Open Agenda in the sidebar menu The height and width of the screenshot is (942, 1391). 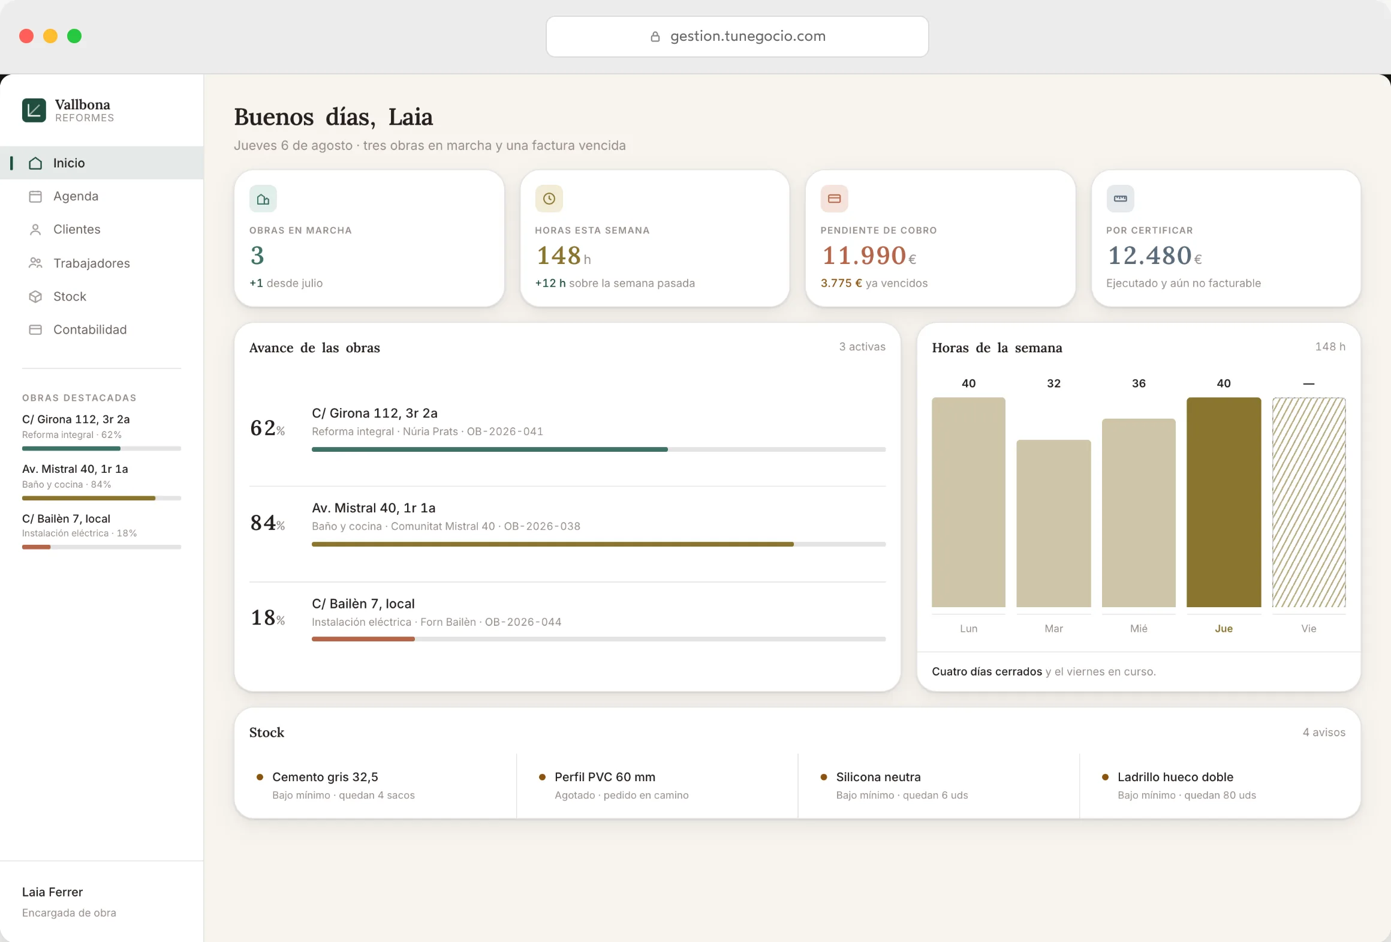(x=76, y=196)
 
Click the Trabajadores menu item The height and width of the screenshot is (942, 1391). (x=91, y=263)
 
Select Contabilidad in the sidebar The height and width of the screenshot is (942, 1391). (x=90, y=329)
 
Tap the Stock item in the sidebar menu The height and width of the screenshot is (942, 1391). (x=70, y=296)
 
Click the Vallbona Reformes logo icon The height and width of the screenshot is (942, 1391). (x=34, y=110)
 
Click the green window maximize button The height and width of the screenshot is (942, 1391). (x=74, y=36)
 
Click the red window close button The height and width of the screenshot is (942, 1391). (x=26, y=36)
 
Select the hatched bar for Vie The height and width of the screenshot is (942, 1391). (x=1309, y=502)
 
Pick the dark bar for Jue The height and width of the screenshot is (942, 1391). (x=1224, y=502)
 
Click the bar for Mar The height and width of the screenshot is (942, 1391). (x=1053, y=523)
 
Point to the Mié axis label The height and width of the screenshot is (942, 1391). (x=1139, y=628)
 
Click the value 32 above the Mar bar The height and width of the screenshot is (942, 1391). (x=1053, y=383)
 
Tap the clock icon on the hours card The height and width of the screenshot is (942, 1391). (x=549, y=199)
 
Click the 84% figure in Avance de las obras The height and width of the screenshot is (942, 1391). (x=267, y=523)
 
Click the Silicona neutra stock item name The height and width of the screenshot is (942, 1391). (x=878, y=777)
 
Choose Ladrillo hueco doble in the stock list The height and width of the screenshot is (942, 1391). (x=1175, y=777)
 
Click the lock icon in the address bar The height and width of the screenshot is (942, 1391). (x=655, y=37)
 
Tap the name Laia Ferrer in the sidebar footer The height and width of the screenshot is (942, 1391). (x=52, y=892)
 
